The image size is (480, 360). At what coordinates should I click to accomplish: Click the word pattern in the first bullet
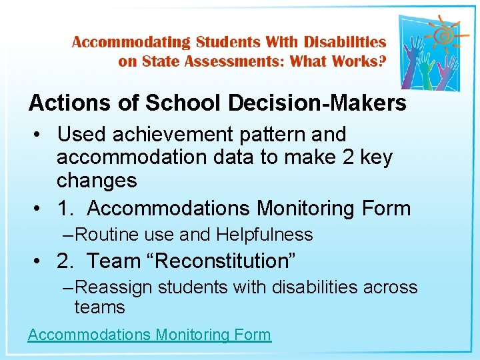click(x=269, y=135)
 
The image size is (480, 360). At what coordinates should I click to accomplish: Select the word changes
click(x=97, y=180)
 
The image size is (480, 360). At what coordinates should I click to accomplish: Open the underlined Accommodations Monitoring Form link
click(x=149, y=335)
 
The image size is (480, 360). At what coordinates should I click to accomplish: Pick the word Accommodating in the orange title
click(x=131, y=42)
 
